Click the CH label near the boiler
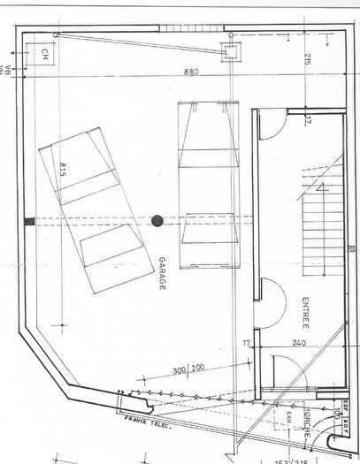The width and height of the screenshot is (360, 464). coord(43,54)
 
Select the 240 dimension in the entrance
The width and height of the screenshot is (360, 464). coord(297,343)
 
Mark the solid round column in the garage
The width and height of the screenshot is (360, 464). coord(157,221)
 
